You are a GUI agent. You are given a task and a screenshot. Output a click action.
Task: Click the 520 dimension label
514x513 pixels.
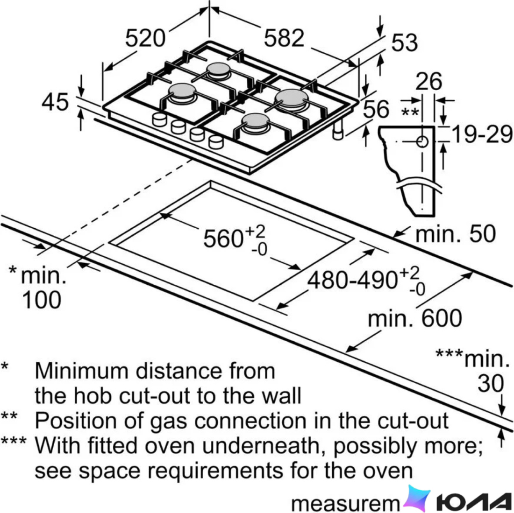point(145,38)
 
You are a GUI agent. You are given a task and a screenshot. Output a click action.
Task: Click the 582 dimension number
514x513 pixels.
point(284,38)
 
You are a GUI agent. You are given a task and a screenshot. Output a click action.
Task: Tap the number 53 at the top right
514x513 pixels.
point(405,42)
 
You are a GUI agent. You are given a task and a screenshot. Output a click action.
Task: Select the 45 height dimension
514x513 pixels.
point(55,102)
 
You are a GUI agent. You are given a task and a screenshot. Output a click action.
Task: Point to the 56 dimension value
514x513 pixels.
point(376,109)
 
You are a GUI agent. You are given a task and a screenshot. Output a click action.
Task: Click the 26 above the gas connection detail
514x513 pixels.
point(429,81)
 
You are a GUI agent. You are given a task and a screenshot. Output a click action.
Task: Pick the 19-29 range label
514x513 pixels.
point(482,134)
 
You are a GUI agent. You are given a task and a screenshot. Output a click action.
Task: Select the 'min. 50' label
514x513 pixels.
point(455,234)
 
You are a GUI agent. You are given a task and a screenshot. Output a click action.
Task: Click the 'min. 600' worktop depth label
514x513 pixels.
point(414,318)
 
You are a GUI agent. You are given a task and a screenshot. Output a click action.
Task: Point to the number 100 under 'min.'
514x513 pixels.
point(42,300)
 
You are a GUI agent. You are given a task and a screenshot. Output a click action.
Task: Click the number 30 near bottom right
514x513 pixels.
point(490,383)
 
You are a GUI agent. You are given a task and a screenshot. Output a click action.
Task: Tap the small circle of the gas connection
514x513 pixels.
point(422,142)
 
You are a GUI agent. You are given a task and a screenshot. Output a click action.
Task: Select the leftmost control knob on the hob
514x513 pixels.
point(160,119)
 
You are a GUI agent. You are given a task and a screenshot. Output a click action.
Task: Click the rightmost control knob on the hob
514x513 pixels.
point(216,142)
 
